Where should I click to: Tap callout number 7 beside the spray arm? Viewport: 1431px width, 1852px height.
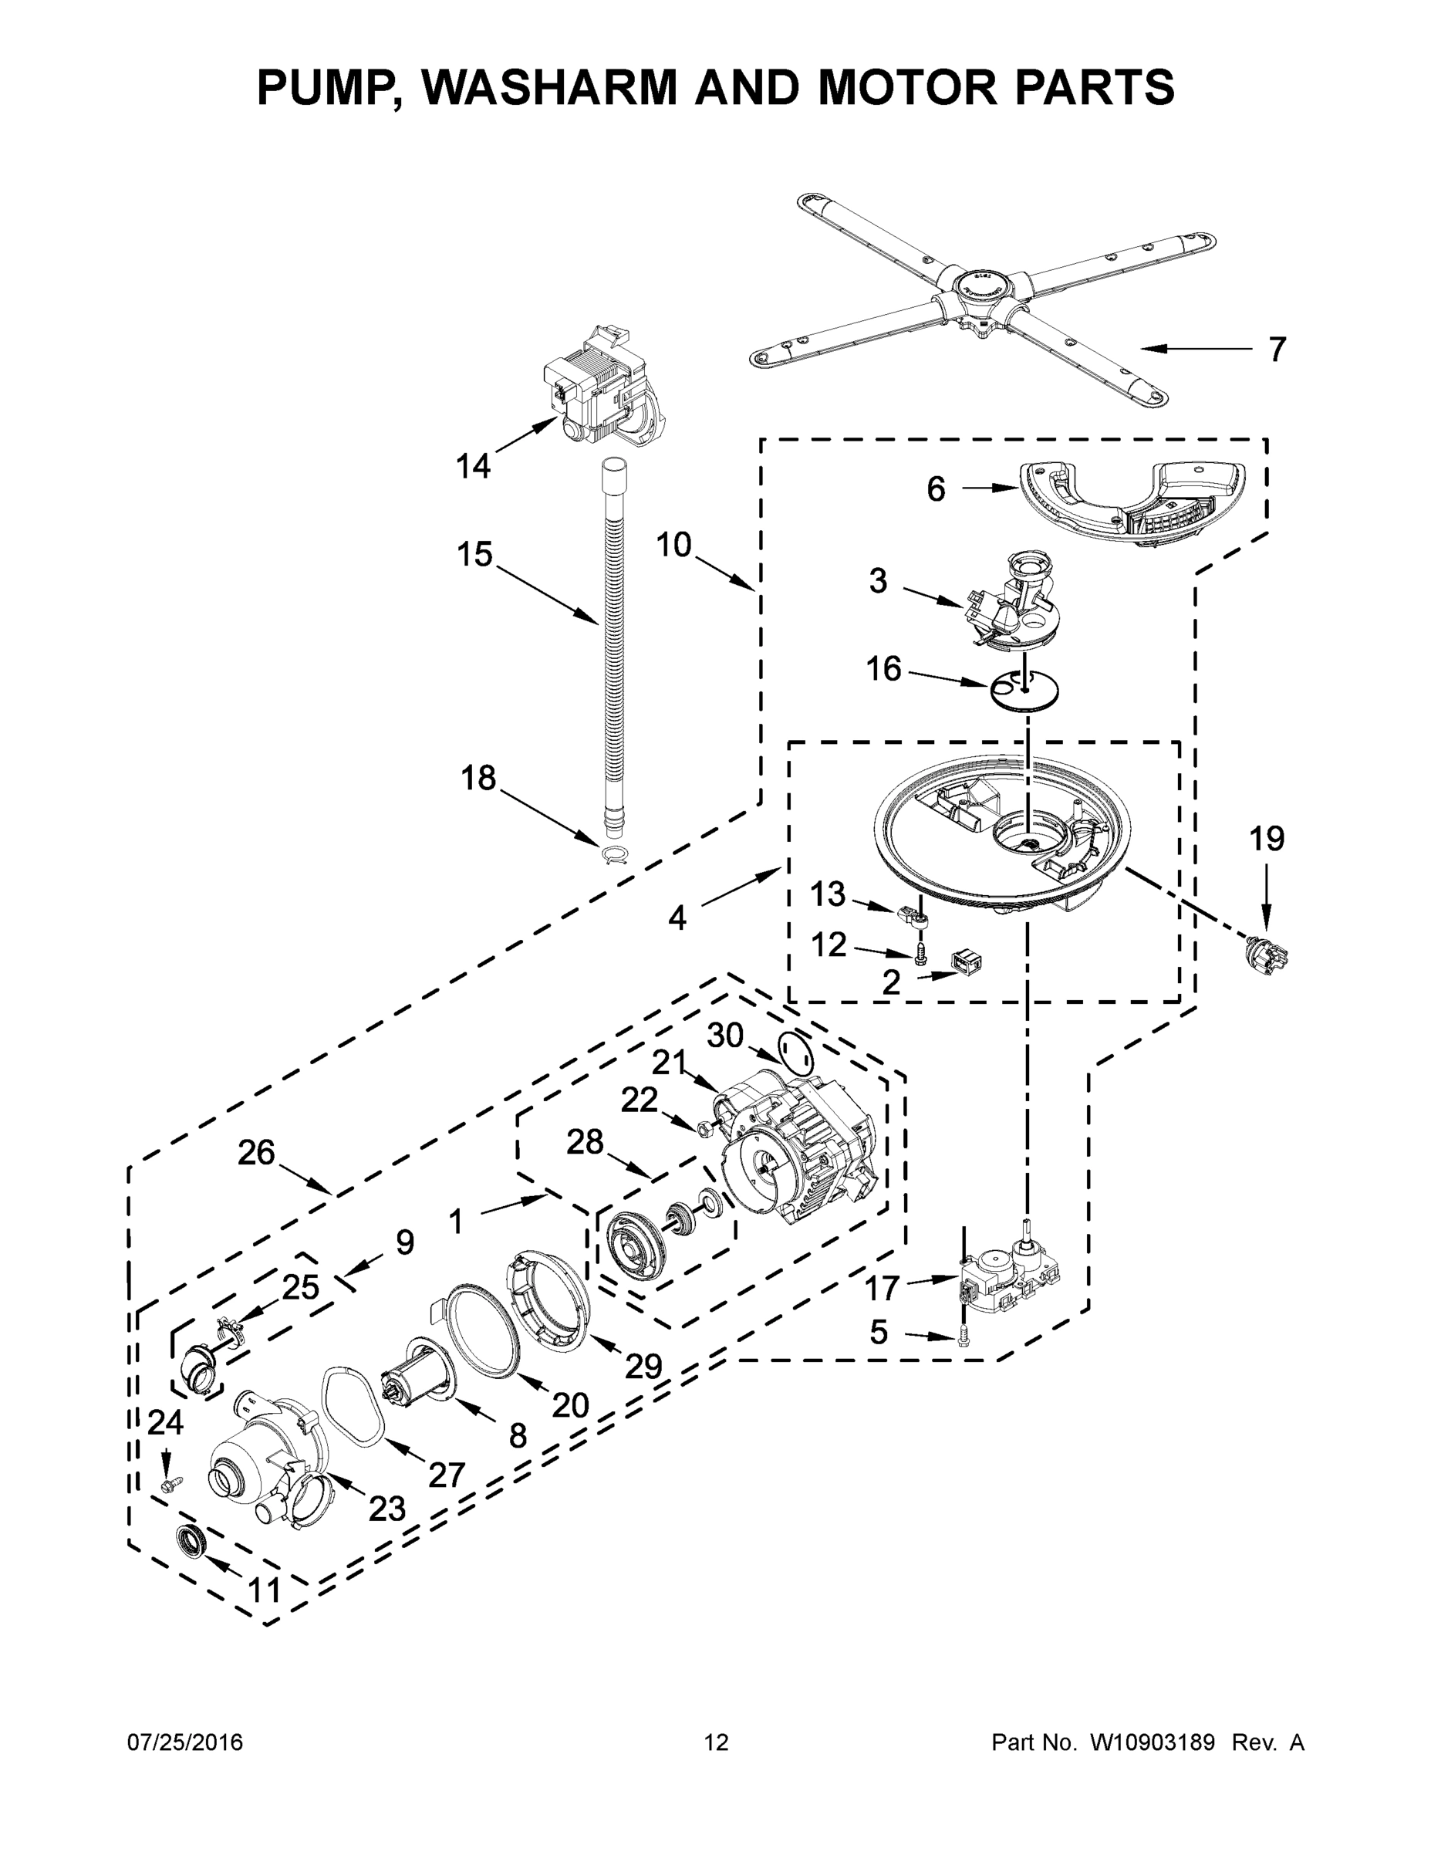[x=1277, y=350]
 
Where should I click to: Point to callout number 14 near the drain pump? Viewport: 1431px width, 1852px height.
[x=473, y=465]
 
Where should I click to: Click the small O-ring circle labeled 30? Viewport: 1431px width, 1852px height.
[x=795, y=1054]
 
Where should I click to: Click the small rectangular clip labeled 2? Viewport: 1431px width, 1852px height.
[x=967, y=961]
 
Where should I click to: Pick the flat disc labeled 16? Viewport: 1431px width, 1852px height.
[x=1026, y=689]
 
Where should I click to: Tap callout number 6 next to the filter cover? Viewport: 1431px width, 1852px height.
[x=935, y=489]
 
